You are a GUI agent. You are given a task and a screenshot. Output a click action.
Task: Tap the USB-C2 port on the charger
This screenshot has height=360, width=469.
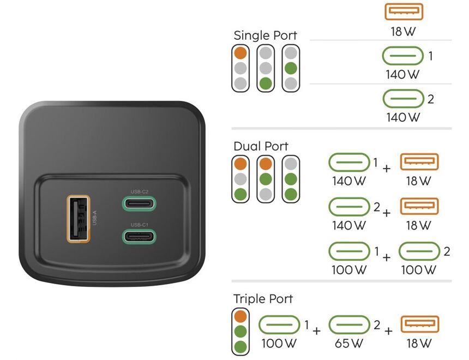click(x=139, y=204)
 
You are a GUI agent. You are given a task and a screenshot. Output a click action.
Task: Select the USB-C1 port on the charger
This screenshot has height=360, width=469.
click(x=139, y=236)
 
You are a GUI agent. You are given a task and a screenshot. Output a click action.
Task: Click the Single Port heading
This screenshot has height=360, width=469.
click(x=265, y=36)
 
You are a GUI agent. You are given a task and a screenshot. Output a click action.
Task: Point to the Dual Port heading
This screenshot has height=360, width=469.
click(x=261, y=147)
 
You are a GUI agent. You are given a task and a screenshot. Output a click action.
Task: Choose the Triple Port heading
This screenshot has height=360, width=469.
click(x=263, y=299)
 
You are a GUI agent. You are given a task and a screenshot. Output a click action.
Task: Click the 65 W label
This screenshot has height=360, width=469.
click(x=349, y=343)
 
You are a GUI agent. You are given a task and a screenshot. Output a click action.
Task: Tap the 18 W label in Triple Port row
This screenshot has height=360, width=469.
click(x=419, y=343)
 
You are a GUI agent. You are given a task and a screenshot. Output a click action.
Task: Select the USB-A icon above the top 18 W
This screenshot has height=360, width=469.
click(x=404, y=11)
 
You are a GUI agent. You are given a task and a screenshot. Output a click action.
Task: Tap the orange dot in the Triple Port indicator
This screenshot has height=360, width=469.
click(x=240, y=316)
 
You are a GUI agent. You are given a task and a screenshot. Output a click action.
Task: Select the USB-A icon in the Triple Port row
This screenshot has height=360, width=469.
click(x=420, y=325)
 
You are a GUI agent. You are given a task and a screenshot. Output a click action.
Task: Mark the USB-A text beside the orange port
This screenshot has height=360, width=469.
click(x=95, y=218)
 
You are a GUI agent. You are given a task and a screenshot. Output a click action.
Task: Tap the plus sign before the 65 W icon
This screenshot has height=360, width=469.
click(x=316, y=331)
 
